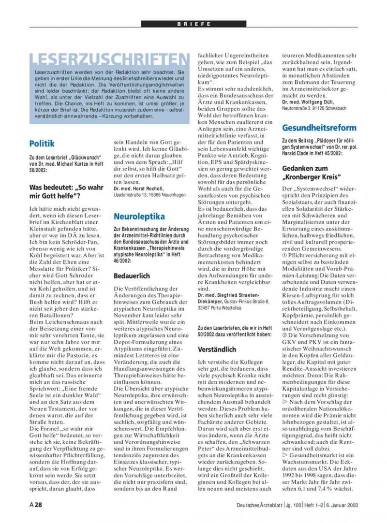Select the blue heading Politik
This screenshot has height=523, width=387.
click(42, 144)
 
